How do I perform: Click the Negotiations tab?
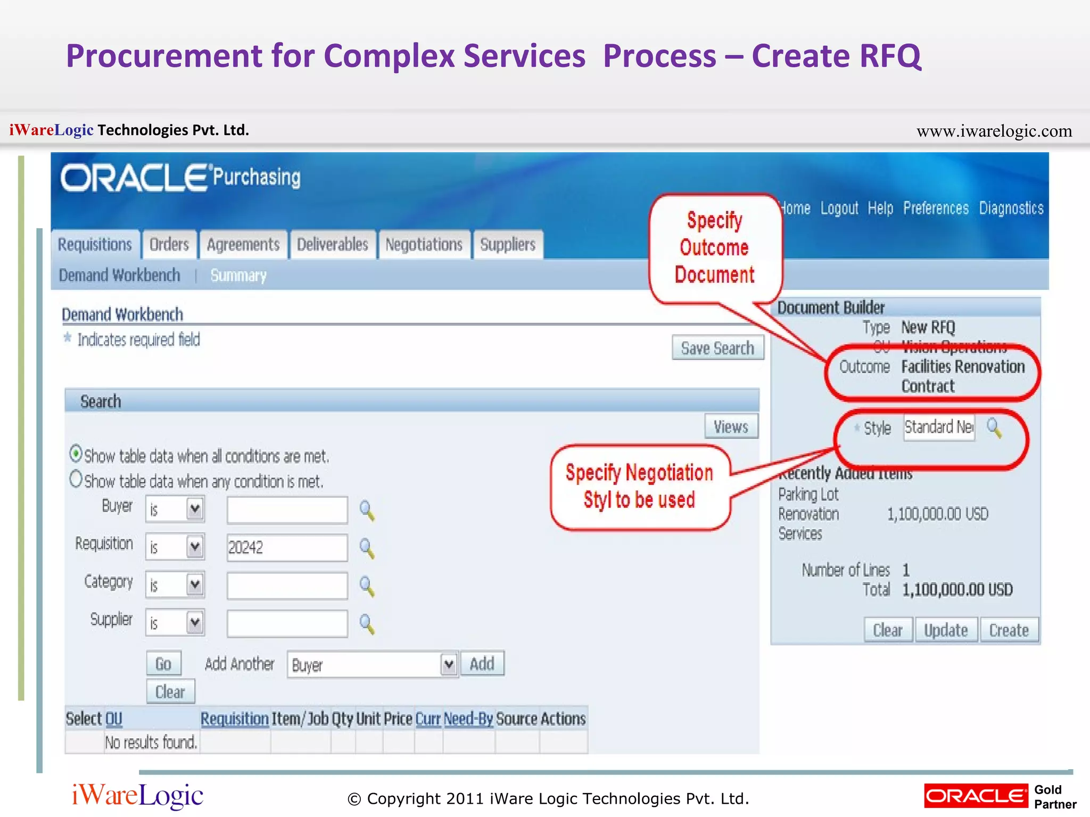[x=424, y=245]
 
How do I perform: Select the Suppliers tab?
[x=508, y=245]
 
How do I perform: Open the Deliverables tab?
[x=333, y=245]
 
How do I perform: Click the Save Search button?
[x=717, y=348]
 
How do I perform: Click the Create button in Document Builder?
[x=1009, y=630]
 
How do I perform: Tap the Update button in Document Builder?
[x=946, y=630]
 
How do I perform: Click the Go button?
[x=163, y=664]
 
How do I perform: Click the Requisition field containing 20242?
[x=287, y=547]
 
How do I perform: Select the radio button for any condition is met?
[x=76, y=479]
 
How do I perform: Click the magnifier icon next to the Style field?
[x=994, y=427]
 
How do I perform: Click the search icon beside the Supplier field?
[x=367, y=623]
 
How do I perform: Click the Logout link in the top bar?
[x=839, y=209]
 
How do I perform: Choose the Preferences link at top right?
[x=936, y=209]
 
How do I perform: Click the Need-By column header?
[x=468, y=719]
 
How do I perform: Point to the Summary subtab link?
[x=238, y=276]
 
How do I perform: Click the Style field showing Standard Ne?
[x=939, y=427]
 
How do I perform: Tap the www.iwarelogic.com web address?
[x=994, y=131]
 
